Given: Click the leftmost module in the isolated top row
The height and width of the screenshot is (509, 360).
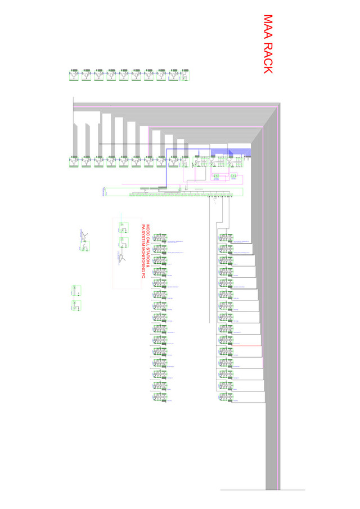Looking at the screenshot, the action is pyautogui.click(x=74, y=75).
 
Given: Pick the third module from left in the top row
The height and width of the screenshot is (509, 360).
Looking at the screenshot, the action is pyautogui.click(x=98, y=75).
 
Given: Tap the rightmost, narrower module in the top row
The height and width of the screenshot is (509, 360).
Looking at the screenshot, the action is pyautogui.click(x=186, y=75).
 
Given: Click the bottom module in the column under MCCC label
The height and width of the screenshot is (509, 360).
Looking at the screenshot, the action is pyautogui.click(x=160, y=397).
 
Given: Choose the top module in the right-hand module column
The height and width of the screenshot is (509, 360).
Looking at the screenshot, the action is pyautogui.click(x=226, y=238).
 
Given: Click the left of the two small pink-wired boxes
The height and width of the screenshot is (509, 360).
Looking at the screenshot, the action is pyautogui.click(x=216, y=177).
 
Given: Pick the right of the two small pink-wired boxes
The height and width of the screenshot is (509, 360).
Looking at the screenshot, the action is pyautogui.click(x=233, y=177).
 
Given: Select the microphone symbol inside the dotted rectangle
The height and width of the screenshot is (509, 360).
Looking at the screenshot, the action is pyautogui.click(x=121, y=258).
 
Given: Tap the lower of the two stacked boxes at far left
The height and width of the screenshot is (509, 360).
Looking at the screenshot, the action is pyautogui.click(x=76, y=305).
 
